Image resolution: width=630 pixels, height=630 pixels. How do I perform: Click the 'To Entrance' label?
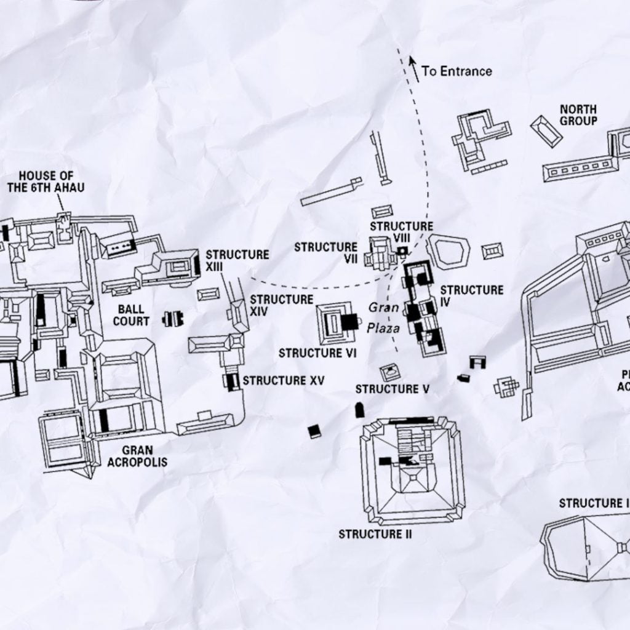(x=457, y=71)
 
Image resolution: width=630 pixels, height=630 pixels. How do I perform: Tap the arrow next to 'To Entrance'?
(x=414, y=68)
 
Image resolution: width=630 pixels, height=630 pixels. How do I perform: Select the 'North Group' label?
(x=578, y=115)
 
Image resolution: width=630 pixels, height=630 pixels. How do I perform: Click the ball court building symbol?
(x=173, y=318)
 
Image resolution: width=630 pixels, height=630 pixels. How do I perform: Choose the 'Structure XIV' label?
(x=281, y=305)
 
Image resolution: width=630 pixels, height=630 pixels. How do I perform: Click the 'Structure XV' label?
(x=283, y=381)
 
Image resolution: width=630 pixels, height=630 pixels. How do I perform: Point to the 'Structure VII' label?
(x=325, y=253)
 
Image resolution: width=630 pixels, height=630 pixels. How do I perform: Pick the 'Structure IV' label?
(x=471, y=296)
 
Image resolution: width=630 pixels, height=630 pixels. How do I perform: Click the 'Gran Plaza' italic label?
(x=384, y=317)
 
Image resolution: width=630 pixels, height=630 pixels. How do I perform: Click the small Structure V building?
(x=389, y=371)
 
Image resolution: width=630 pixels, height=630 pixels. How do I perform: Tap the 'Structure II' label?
(x=375, y=533)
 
